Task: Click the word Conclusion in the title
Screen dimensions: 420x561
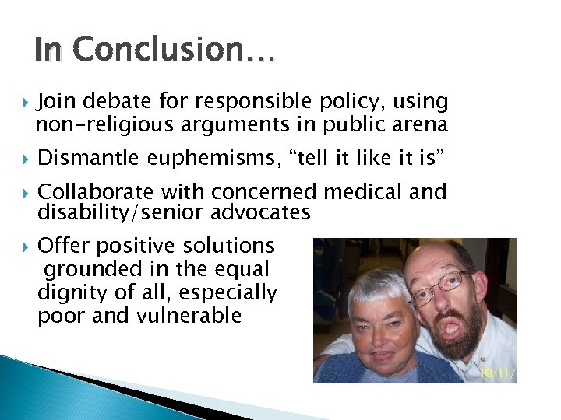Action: (176, 50)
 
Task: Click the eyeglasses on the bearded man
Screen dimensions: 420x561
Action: (440, 285)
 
